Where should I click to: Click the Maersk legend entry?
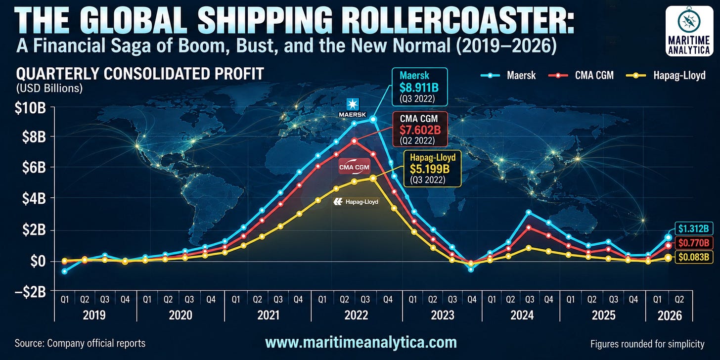508,76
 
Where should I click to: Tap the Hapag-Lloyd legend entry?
666,76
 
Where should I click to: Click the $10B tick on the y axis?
30,108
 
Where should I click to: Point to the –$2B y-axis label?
30,292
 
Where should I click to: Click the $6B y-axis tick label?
34,168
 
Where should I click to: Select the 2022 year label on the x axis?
356,315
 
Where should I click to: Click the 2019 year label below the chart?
94,315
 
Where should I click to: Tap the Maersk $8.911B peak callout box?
419,87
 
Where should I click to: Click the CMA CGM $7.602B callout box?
419,129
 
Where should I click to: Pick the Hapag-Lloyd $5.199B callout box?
432,169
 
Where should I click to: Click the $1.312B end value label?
694,228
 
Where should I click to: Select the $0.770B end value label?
694,243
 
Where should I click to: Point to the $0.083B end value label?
694,257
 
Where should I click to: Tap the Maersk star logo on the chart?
353,104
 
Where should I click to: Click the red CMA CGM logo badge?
354,167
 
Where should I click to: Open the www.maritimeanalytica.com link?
361,342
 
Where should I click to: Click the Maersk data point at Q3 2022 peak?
373,119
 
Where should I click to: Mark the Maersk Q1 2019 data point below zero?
65,271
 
